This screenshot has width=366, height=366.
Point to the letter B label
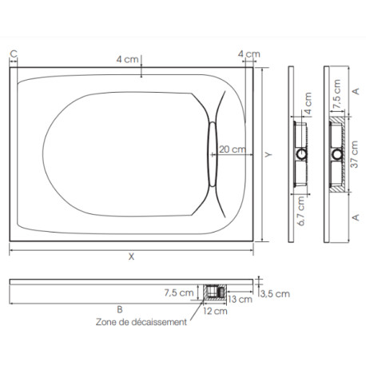click(x=119, y=308)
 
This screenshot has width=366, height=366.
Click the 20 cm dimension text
click(x=233, y=149)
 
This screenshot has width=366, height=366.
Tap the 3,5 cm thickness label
click(x=276, y=294)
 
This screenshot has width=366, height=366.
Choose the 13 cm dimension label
click(x=237, y=299)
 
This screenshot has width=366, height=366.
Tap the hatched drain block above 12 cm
click(x=213, y=292)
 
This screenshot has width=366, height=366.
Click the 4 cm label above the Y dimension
click(x=249, y=54)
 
